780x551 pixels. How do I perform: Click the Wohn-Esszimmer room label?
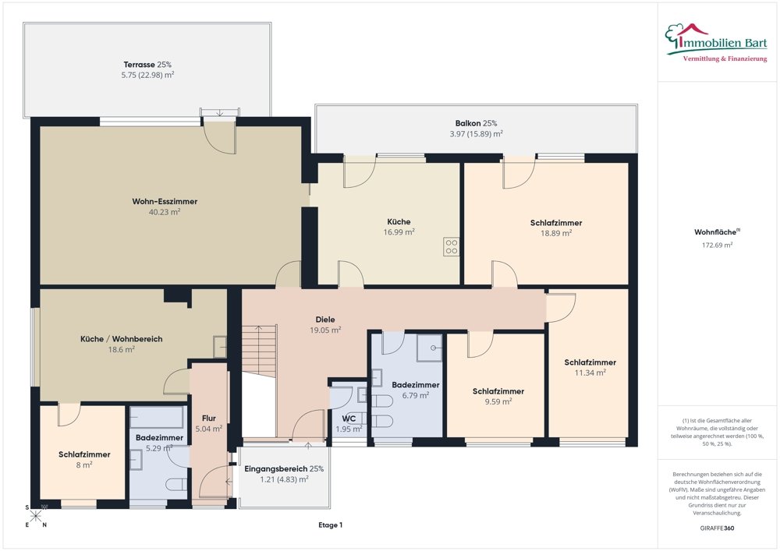[x=165, y=201]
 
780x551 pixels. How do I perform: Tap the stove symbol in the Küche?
[x=451, y=247]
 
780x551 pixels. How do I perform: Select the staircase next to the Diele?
[x=259, y=351]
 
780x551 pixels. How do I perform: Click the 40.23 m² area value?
[x=165, y=212]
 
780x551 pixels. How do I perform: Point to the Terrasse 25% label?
[x=147, y=65]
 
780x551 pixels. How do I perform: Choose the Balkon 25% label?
[x=476, y=123]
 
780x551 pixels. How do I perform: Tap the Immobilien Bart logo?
[x=716, y=43]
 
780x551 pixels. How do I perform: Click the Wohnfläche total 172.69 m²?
[x=714, y=245]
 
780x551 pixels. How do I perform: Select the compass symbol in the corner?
[x=36, y=516]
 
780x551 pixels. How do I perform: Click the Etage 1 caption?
[x=330, y=525]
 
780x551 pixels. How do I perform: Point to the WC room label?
[x=349, y=419]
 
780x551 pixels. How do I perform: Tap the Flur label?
[x=209, y=419]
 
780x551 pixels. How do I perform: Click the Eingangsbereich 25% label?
[x=284, y=468]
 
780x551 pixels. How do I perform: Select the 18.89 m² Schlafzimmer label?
[x=556, y=223]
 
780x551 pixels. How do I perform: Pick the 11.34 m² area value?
[x=590, y=373]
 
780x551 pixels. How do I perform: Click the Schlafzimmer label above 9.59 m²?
[x=498, y=391]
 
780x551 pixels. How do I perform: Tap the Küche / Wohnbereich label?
[x=122, y=339]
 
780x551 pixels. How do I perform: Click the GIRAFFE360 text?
[x=717, y=528]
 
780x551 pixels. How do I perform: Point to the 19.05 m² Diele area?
[x=325, y=330]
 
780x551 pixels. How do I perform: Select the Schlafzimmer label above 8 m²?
[x=84, y=454]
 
